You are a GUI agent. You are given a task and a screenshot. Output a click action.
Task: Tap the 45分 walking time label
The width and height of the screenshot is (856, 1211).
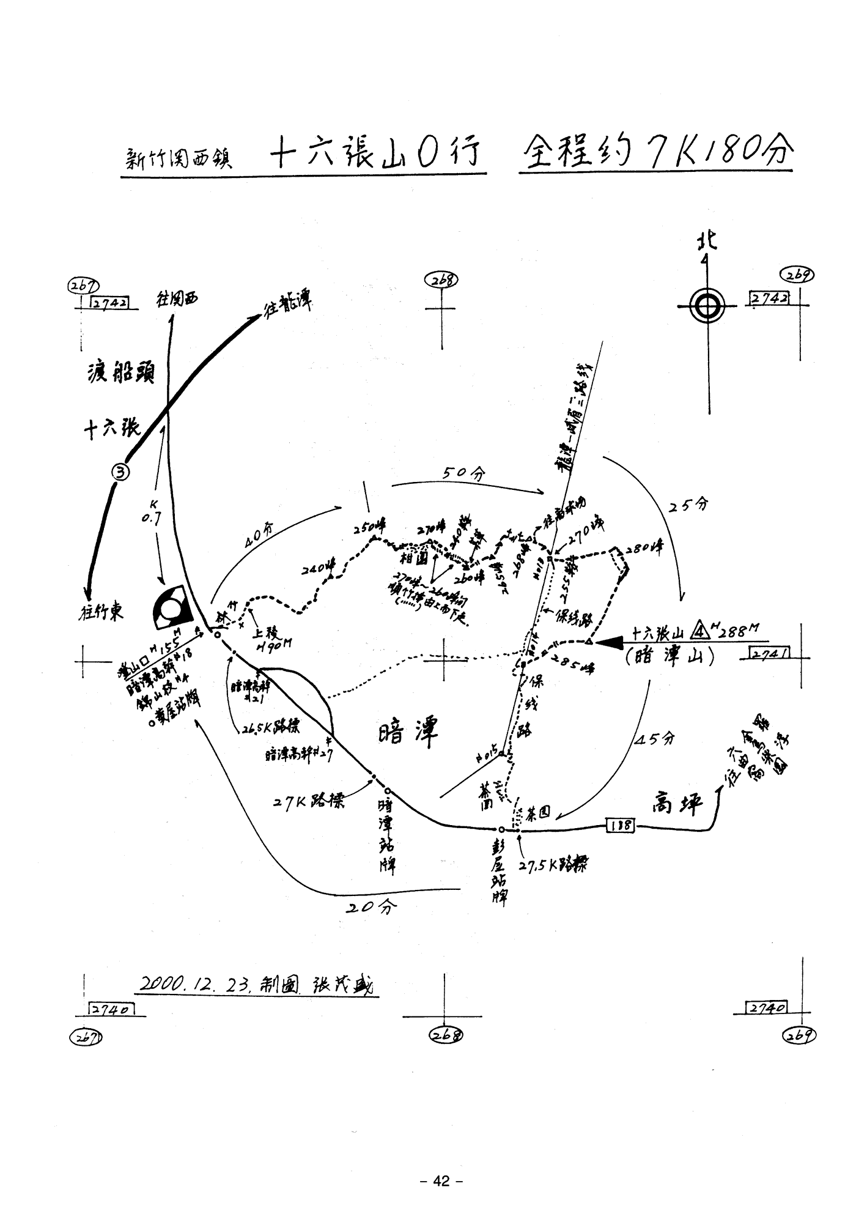click(655, 738)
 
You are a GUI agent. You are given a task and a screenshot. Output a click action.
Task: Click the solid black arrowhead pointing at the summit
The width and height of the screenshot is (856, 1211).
click(611, 642)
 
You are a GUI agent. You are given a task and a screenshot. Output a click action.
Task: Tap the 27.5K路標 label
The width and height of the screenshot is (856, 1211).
click(553, 865)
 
